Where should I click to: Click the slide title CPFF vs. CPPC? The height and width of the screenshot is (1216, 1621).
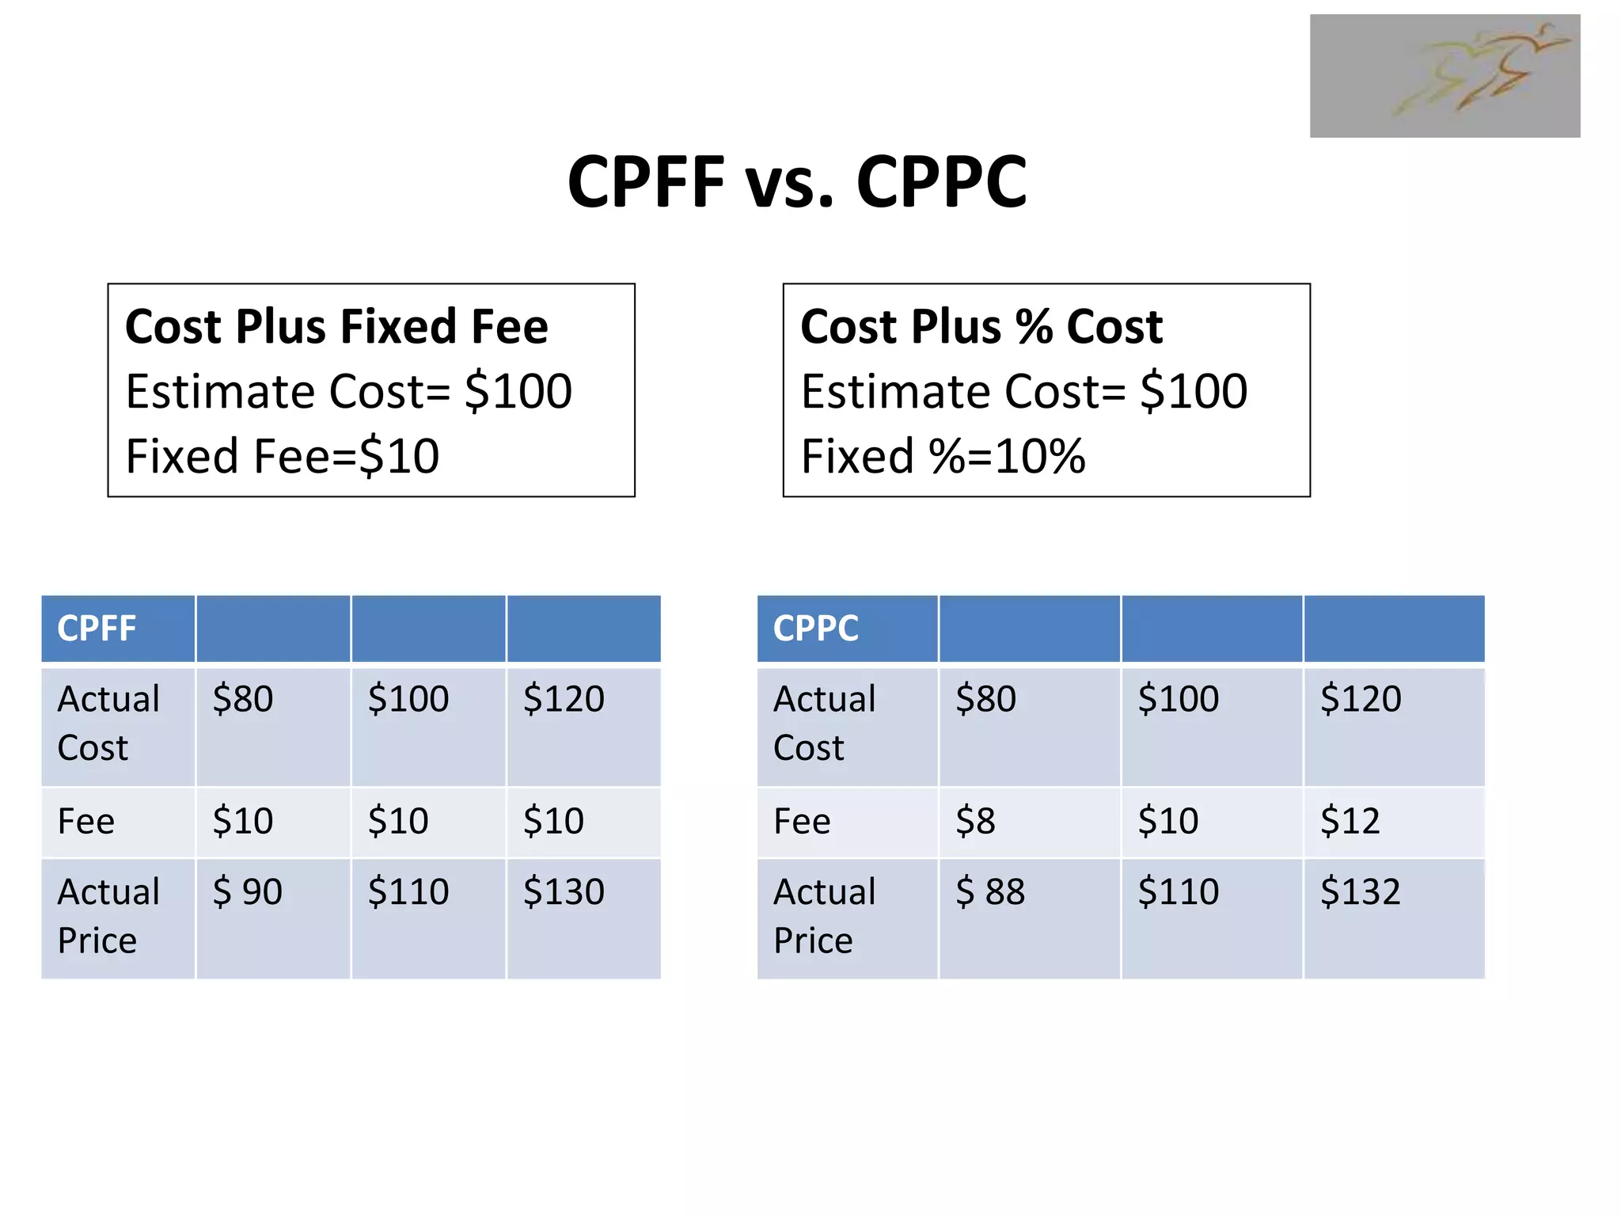797,182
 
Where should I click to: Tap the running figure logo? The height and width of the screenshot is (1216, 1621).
1444,76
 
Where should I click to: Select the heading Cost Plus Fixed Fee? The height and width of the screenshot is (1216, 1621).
336,326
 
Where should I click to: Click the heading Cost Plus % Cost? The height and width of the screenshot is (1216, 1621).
981,326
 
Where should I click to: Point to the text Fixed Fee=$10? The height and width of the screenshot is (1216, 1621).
283,456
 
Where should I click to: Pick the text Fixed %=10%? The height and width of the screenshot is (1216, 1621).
943,456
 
